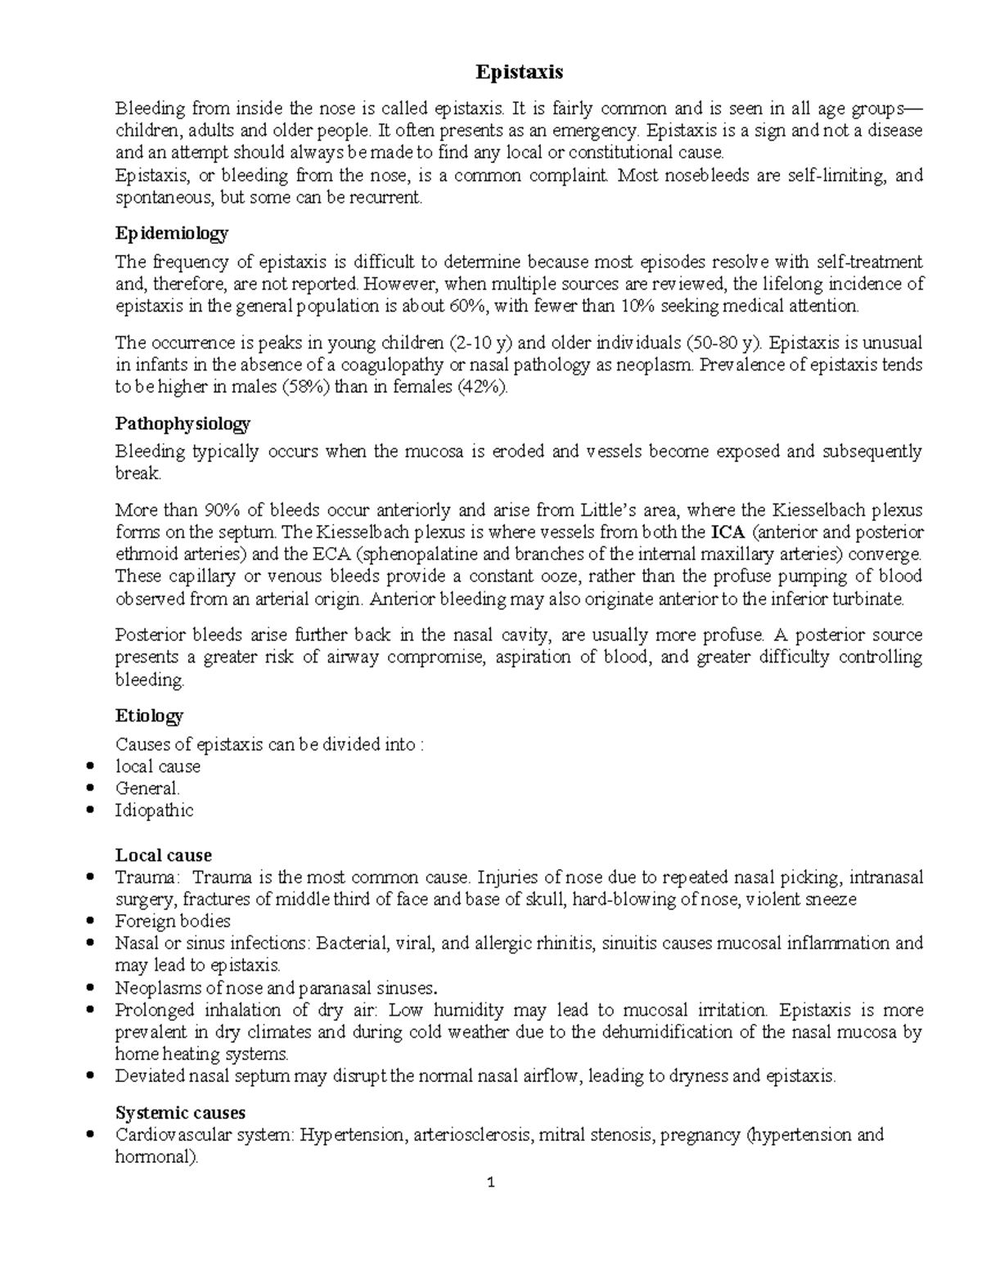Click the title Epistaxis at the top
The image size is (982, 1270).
tap(520, 73)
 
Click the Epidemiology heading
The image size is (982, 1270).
tap(172, 233)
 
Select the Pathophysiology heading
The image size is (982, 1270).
tap(182, 424)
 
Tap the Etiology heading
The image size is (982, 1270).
tap(149, 716)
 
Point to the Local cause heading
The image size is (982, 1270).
tap(164, 855)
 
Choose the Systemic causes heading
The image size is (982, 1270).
tap(180, 1113)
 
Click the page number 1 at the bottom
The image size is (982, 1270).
tap(491, 1182)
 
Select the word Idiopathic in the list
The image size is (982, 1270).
tap(155, 811)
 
